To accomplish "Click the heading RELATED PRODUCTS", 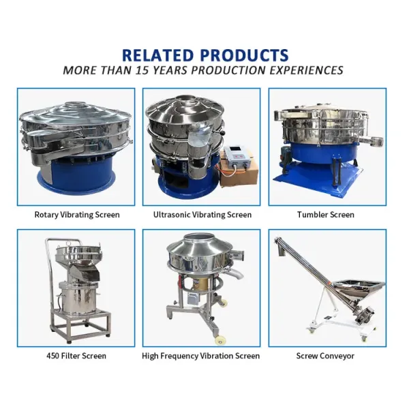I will [205, 55].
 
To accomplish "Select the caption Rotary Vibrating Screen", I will [77, 215].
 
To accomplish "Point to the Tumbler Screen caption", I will [326, 215].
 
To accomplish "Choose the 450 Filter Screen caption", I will [76, 356].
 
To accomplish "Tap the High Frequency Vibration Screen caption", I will [200, 356].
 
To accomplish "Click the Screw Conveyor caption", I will [325, 356].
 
